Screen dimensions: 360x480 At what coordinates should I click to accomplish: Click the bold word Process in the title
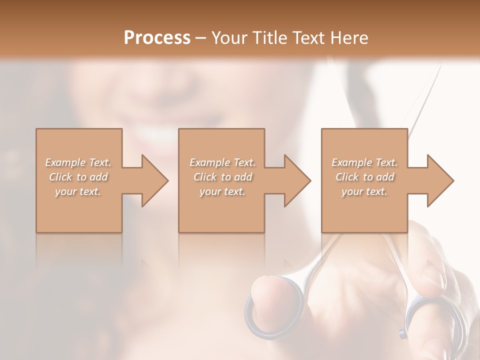[157, 38]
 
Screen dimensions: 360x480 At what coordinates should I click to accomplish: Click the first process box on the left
[79, 210]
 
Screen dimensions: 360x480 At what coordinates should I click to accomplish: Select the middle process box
[221, 210]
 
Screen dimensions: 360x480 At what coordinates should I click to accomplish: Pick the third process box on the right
[364, 210]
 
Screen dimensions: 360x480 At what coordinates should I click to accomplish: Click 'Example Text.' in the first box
[78, 162]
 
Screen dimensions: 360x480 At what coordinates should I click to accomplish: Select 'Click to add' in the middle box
[222, 177]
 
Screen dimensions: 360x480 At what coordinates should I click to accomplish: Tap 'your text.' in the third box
[364, 191]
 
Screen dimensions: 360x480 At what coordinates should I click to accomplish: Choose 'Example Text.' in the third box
[364, 162]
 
